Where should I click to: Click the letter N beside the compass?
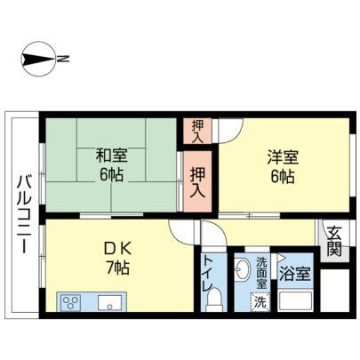click(x=63, y=59)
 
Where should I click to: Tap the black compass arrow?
click(x=38, y=59)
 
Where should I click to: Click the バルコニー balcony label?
click(x=24, y=214)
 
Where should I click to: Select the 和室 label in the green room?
click(x=111, y=156)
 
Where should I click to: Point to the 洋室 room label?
click(x=283, y=157)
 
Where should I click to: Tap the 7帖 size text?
click(x=117, y=268)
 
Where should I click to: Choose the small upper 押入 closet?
click(x=197, y=132)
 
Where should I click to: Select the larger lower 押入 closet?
click(x=197, y=181)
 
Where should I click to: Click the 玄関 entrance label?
click(x=334, y=241)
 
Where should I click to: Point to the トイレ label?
click(x=208, y=273)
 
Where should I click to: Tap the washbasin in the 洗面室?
click(x=243, y=269)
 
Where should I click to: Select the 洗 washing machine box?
click(x=260, y=302)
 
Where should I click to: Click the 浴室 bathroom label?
click(x=295, y=274)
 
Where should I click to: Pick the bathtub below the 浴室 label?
click(x=295, y=300)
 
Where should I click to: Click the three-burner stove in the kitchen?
click(x=71, y=302)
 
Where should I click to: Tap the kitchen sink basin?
click(x=110, y=302)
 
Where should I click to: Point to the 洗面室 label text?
click(x=261, y=272)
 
